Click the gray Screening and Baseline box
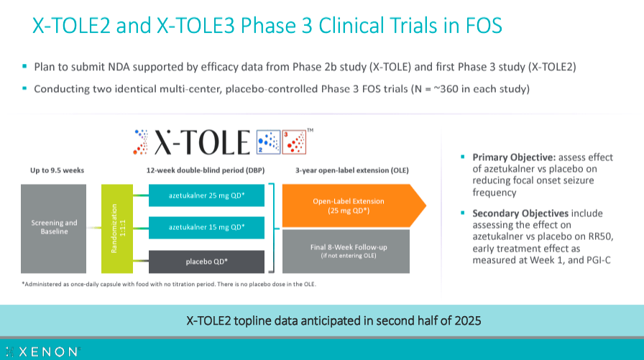coord(53,228)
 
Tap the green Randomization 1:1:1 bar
coord(118,228)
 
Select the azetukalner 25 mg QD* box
coord(206,195)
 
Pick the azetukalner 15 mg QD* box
coord(206,227)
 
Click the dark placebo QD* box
coord(206,259)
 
